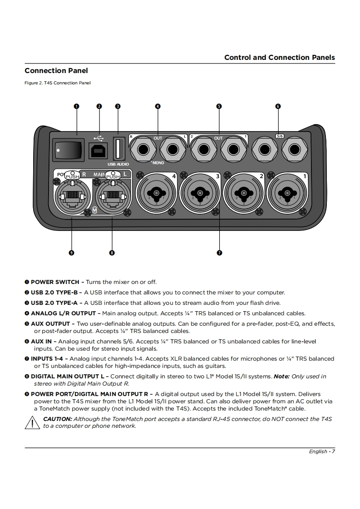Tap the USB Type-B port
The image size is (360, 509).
(99, 150)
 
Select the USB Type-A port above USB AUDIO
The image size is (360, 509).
(118, 148)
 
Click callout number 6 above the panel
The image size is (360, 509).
(278, 107)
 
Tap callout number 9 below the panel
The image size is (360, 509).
(71, 253)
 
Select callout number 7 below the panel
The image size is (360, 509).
(219, 253)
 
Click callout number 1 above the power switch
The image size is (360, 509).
(76, 107)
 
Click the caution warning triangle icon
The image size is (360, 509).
(32, 423)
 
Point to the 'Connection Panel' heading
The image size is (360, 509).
(56, 70)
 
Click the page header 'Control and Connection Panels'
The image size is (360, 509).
(279, 57)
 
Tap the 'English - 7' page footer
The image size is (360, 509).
(322, 451)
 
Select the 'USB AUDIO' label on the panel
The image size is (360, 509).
(118, 164)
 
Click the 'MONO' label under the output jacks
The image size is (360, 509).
(158, 162)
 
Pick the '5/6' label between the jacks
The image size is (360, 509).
(279, 136)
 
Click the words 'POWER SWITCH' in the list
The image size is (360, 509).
(54, 282)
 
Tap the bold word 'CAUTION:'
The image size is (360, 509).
(57, 419)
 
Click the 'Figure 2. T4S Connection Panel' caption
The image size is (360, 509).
(58, 83)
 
